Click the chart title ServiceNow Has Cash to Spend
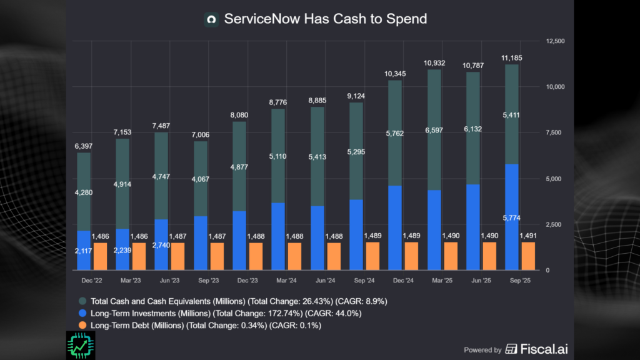click(325, 19)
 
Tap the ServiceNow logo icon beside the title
click(211, 19)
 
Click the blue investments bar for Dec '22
click(84, 250)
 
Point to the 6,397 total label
click(84, 146)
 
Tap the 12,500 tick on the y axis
click(555, 41)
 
